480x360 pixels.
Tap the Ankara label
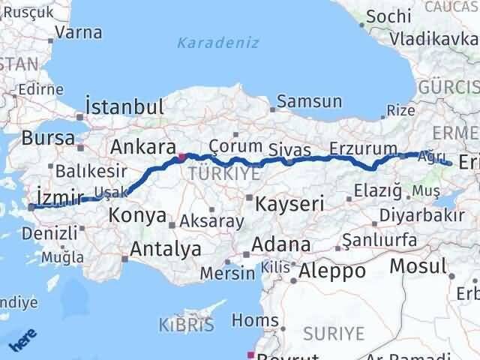[x=143, y=146]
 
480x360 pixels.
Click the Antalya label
[x=166, y=248]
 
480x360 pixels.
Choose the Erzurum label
[x=363, y=147]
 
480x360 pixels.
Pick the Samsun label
[x=310, y=101]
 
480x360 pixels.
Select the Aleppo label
[x=331, y=271]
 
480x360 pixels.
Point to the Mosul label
[x=418, y=265]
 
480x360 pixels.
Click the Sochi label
[x=390, y=16]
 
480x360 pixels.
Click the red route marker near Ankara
[x=181, y=157]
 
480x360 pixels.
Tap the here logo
[x=22, y=340]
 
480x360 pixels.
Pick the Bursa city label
[x=48, y=139]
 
